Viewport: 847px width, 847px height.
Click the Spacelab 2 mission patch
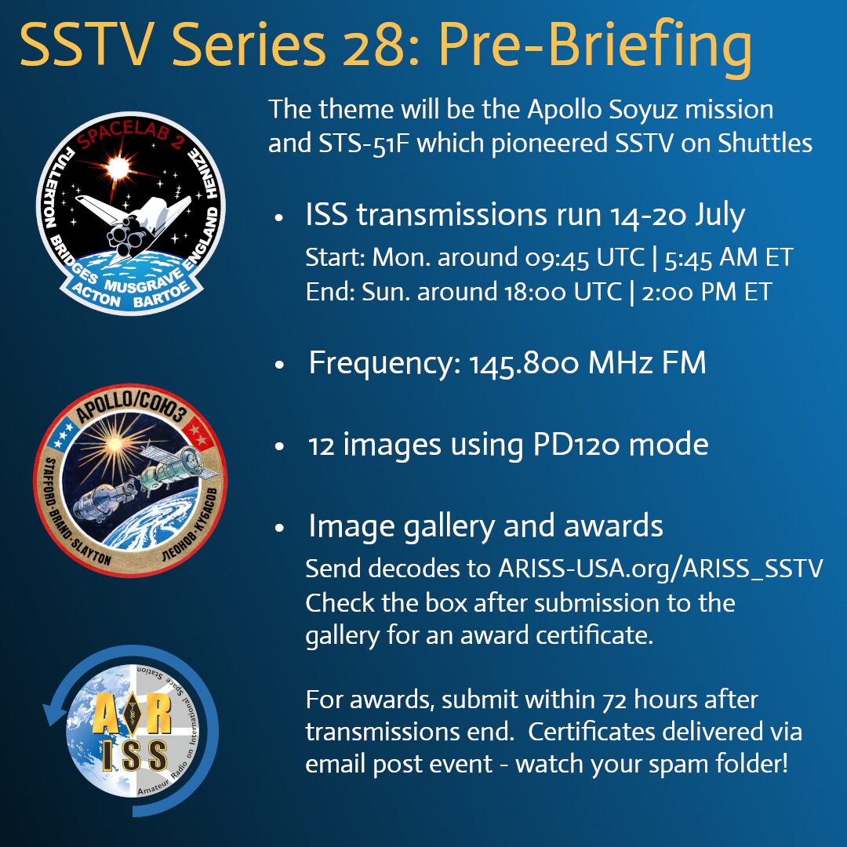pos(130,212)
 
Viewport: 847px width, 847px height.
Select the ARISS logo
pos(130,719)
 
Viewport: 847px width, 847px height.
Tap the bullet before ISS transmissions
pos(279,219)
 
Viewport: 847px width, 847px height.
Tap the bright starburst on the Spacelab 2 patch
pos(119,165)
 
